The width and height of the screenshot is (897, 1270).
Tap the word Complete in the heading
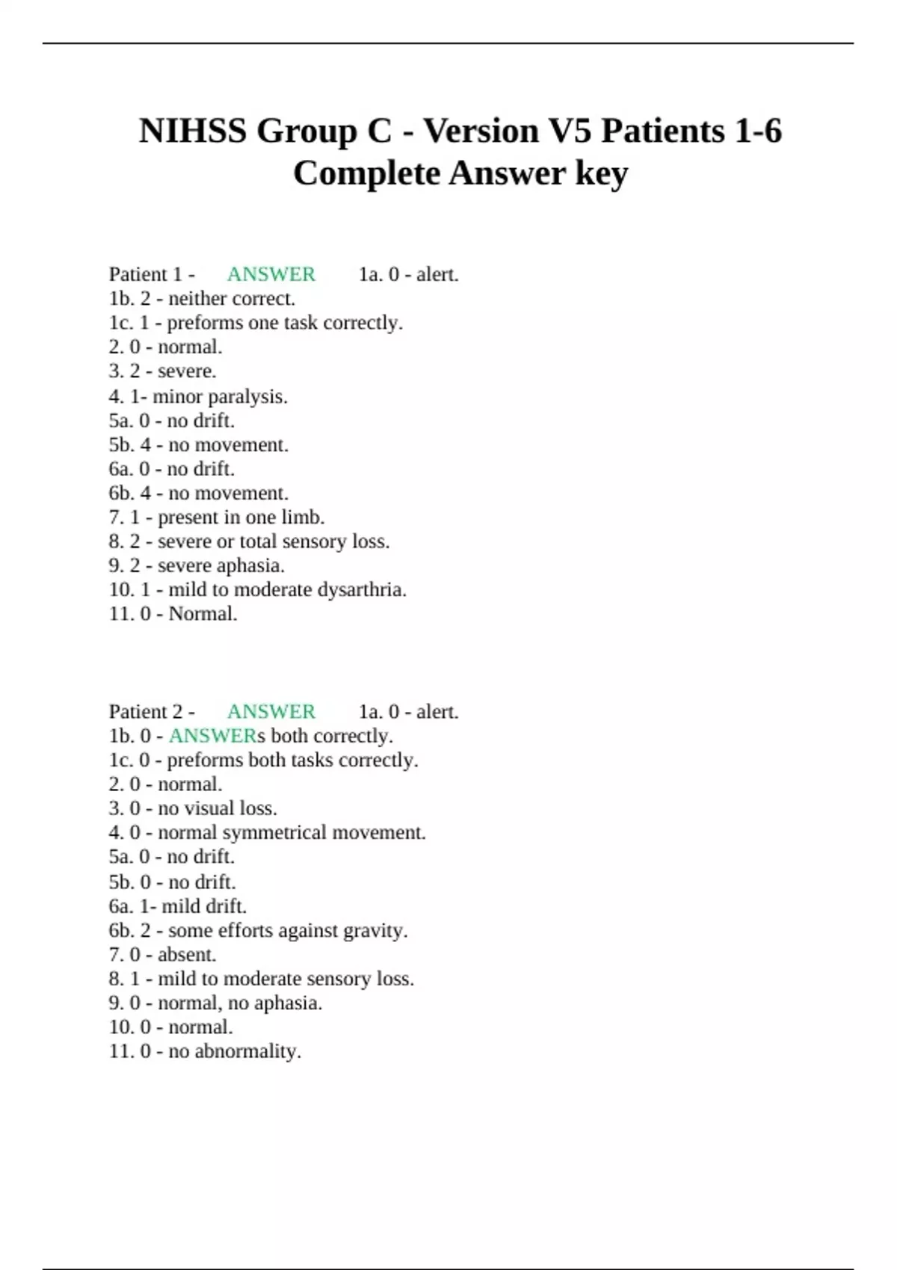pos(366,174)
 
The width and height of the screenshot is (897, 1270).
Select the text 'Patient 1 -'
pos(152,274)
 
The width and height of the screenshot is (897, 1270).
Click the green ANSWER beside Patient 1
pos(271,274)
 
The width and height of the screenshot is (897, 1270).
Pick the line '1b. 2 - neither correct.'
pos(202,299)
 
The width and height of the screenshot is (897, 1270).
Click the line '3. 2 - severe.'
pos(162,371)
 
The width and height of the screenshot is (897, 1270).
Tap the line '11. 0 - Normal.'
pos(173,614)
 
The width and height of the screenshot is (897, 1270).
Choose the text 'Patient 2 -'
pos(152,711)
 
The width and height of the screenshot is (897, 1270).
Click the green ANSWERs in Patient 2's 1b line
pos(217,736)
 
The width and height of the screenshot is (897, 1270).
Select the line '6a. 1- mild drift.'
pos(177,906)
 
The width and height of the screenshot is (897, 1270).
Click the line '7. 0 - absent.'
pos(162,955)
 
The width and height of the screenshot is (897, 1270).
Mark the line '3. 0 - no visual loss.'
pos(193,808)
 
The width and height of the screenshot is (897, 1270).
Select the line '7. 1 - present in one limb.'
pos(217,517)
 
